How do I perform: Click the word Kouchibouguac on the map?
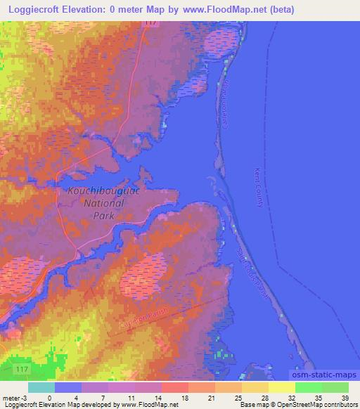99,190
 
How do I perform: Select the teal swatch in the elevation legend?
41,387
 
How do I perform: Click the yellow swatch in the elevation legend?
281,387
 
